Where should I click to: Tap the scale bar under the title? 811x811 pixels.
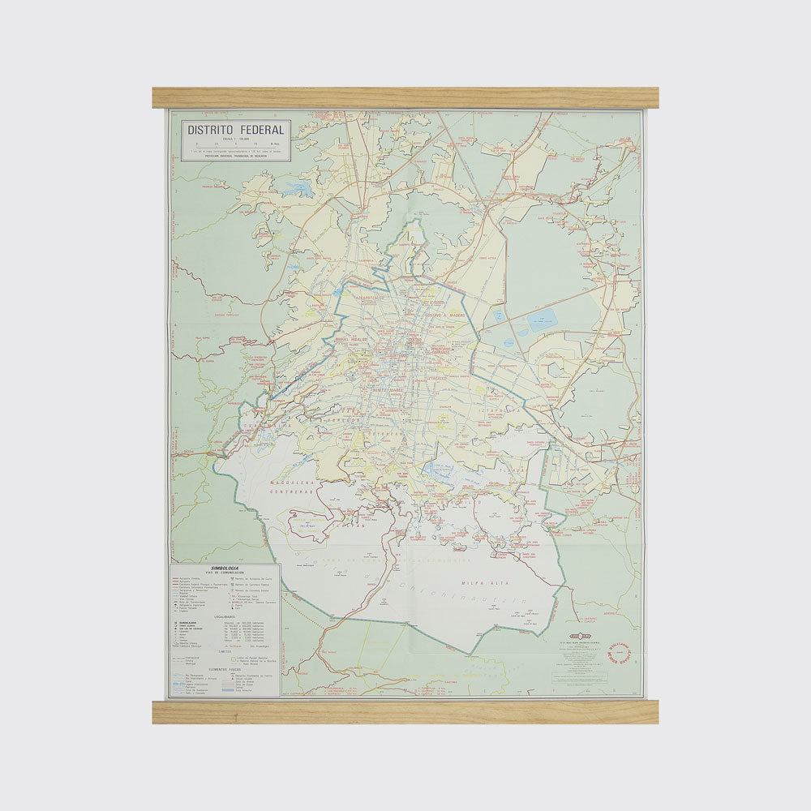pyautogui.click(x=235, y=146)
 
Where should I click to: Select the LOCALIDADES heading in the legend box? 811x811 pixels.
pyautogui.click(x=225, y=616)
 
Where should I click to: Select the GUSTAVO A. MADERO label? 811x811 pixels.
pyautogui.click(x=444, y=315)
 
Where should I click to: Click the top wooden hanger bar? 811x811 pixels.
pyautogui.click(x=405, y=98)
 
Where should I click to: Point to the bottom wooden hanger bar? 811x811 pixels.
pyautogui.click(x=405, y=712)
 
